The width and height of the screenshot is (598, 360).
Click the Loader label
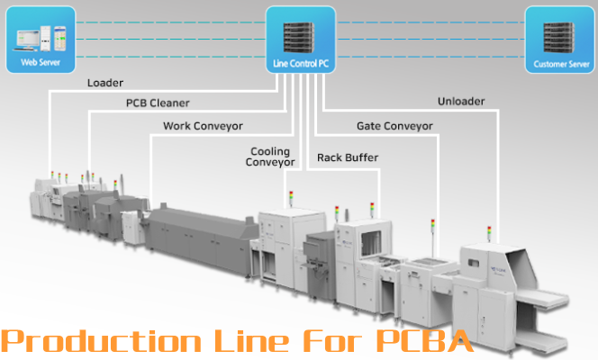click(x=105, y=83)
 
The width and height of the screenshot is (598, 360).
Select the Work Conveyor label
click(x=203, y=125)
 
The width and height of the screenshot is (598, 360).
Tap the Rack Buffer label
click(x=348, y=157)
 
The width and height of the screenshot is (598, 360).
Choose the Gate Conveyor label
click(x=394, y=125)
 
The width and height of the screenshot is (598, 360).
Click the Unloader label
click(x=461, y=101)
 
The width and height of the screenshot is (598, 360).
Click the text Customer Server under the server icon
click(x=561, y=65)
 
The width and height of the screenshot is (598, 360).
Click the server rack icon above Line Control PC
click(x=301, y=33)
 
